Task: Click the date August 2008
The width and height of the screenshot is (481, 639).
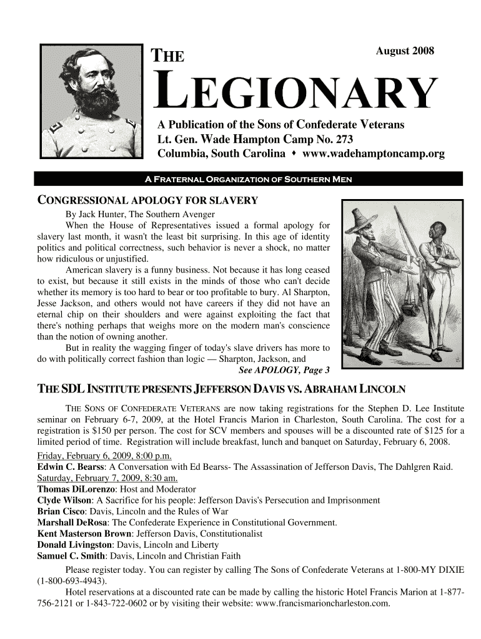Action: coord(404,51)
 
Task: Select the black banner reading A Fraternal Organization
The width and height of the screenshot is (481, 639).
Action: coord(249,180)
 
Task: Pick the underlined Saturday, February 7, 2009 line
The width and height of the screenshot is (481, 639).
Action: coord(108,478)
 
